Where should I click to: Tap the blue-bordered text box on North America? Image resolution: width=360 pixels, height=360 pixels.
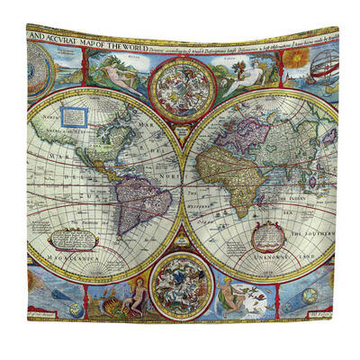coord(76,116)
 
